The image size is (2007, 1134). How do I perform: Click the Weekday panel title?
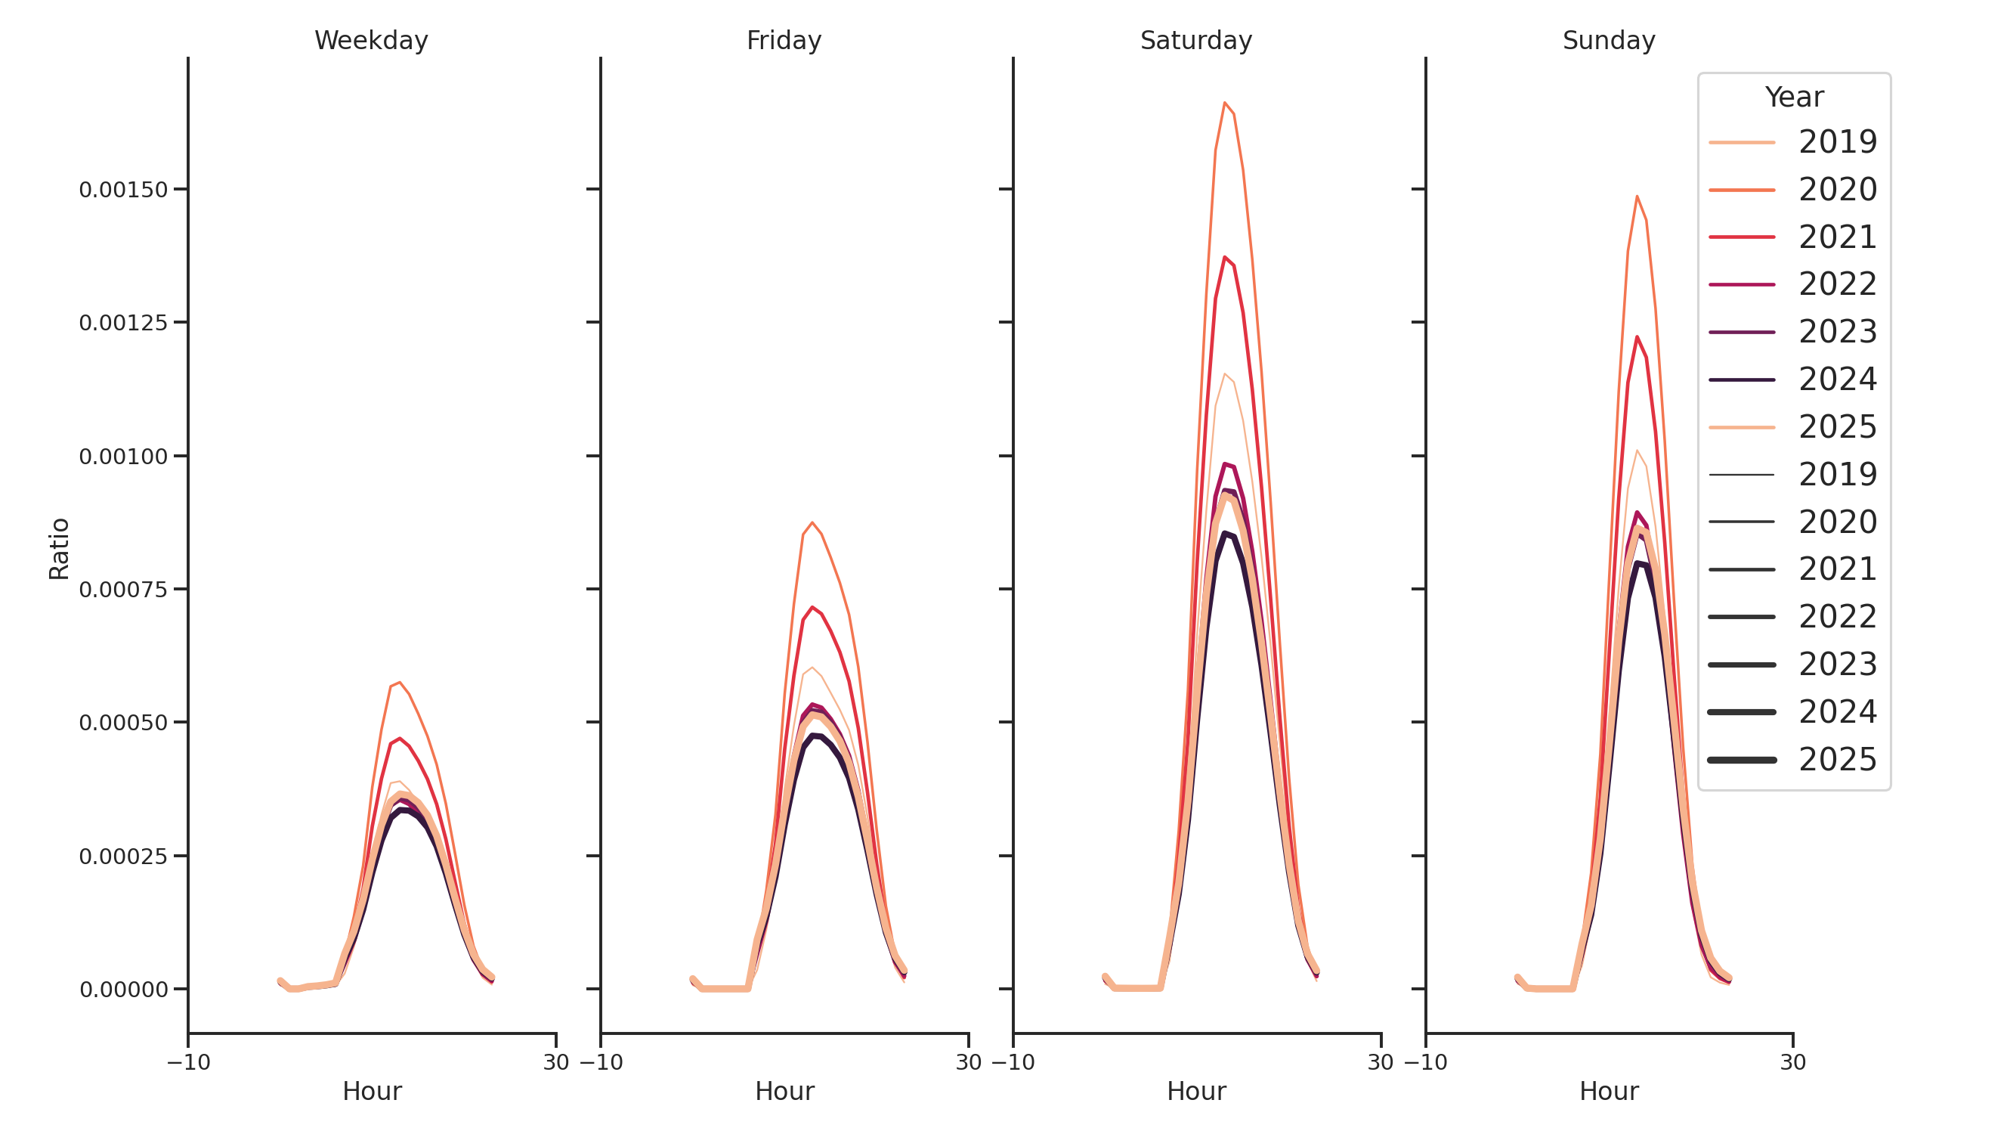[x=371, y=41]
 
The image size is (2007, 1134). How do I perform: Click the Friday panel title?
[x=784, y=41]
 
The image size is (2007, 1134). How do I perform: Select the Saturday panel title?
[x=1196, y=41]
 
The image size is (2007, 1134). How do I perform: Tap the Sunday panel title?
[x=1609, y=41]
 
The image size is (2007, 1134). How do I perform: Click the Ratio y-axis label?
[x=59, y=549]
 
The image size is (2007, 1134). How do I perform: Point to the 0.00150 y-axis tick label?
[x=123, y=190]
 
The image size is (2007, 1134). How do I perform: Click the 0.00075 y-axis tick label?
[x=123, y=590]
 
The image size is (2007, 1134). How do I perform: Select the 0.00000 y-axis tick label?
[x=123, y=990]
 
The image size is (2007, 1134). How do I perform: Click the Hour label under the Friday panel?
[x=784, y=1091]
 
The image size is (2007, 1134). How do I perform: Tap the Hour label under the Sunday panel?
[x=1609, y=1091]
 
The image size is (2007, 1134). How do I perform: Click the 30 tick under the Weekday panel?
[x=556, y=1062]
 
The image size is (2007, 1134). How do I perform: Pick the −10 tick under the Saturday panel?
[x=1013, y=1062]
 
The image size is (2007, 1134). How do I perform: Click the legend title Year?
[x=1793, y=98]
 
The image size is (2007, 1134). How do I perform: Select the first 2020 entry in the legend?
[x=1837, y=190]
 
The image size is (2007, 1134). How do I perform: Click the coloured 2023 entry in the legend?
[x=1837, y=332]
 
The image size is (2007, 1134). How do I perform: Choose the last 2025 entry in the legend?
[x=1837, y=760]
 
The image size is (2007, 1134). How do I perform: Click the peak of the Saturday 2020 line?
[x=1225, y=103]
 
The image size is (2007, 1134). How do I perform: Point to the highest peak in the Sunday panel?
[x=1637, y=197]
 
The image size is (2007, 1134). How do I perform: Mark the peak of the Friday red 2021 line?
[x=812, y=607]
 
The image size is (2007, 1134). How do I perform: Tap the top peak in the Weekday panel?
[x=400, y=683]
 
